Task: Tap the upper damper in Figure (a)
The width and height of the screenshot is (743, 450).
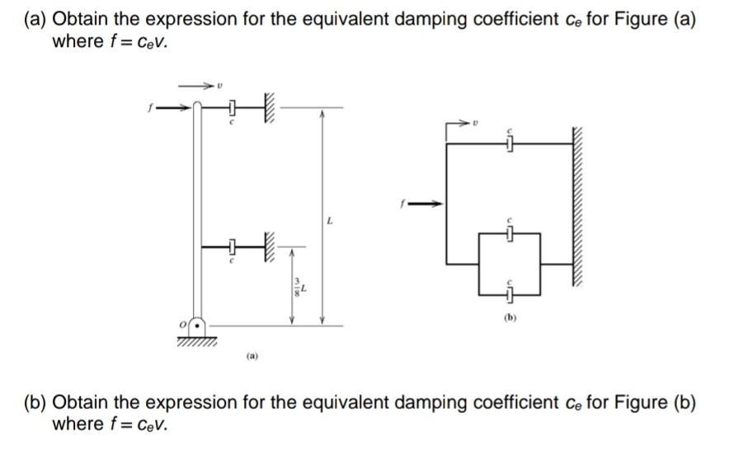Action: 233,107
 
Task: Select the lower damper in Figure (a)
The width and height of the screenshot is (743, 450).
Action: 233,246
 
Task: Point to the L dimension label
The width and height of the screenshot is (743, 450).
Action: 330,221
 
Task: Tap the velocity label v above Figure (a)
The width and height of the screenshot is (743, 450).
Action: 219,85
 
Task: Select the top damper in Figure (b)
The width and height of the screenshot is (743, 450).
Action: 510,144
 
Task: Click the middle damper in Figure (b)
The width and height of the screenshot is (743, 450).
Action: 510,235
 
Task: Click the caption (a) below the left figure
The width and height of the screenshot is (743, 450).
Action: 252,357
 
